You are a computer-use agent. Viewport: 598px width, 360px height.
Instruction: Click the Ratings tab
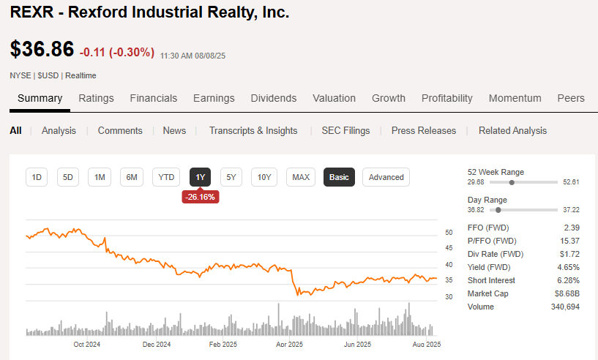[x=96, y=98]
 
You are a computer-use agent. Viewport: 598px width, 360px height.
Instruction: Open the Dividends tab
[x=274, y=98]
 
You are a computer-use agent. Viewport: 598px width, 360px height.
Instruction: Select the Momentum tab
[x=515, y=98]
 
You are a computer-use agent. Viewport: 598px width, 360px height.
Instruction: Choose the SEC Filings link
[x=345, y=130]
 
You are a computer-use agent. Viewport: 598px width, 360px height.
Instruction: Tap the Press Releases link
[x=424, y=130]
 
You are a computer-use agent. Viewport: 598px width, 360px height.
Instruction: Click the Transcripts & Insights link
[x=253, y=130]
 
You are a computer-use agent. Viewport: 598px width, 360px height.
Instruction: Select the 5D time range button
[x=68, y=177]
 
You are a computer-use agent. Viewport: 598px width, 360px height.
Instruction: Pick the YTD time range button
[x=166, y=177]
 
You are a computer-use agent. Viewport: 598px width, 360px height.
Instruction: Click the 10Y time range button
[x=264, y=177]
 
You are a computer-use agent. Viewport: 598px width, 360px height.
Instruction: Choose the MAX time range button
[x=301, y=177]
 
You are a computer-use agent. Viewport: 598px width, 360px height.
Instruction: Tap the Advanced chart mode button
[x=386, y=177]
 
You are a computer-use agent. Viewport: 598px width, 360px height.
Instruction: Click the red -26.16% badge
[x=201, y=197]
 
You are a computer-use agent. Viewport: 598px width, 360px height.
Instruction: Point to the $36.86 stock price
[x=42, y=50]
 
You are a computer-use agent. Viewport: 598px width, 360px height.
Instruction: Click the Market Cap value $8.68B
[x=567, y=293]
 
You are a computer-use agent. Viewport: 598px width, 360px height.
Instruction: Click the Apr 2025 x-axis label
[x=290, y=344]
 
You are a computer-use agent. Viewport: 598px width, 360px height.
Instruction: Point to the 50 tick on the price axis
[x=449, y=233]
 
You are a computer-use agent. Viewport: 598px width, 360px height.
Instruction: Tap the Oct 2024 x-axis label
[x=86, y=344]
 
